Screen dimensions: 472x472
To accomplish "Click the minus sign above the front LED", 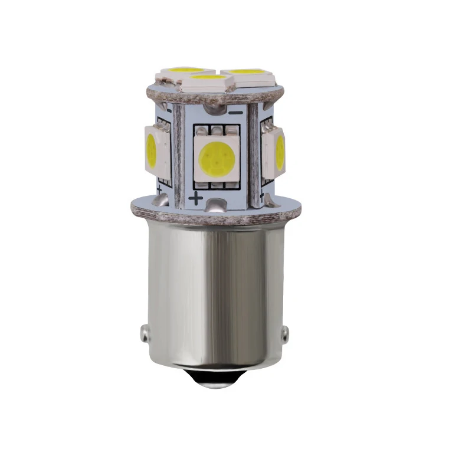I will [236, 112].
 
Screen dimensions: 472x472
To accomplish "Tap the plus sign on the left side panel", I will [159, 189].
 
